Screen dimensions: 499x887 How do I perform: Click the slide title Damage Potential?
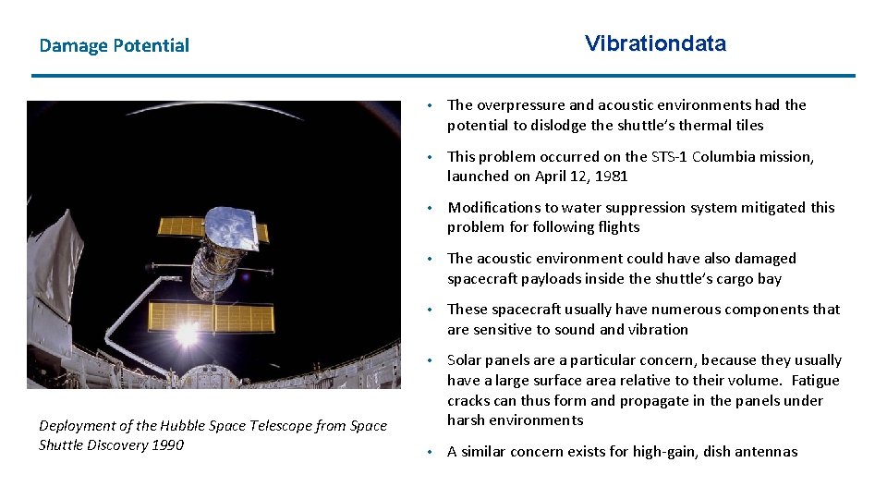114,45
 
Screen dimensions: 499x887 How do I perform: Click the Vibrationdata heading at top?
655,43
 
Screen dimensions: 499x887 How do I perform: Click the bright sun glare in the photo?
187,335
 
